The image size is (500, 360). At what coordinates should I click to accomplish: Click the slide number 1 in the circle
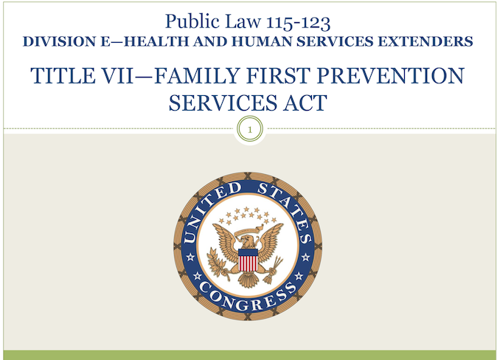(x=250, y=130)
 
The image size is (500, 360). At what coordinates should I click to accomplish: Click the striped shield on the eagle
(x=248, y=260)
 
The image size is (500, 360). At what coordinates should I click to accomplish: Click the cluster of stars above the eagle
(x=249, y=215)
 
